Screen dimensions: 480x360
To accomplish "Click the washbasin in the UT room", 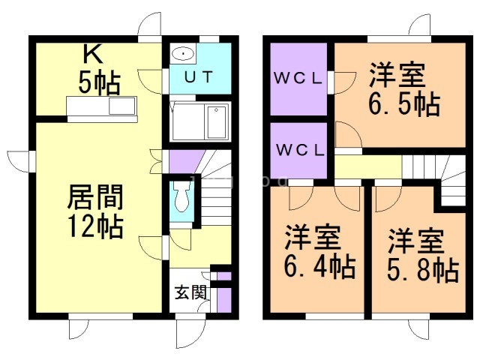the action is click(x=183, y=54).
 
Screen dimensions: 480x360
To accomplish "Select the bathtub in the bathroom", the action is click(x=217, y=122).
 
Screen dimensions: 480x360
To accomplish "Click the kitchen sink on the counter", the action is click(x=122, y=106).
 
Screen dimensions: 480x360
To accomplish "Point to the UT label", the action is click(x=198, y=77).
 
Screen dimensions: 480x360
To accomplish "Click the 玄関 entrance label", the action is click(x=190, y=292).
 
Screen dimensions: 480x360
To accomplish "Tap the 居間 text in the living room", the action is click(x=95, y=197).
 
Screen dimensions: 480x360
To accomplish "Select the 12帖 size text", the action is click(x=96, y=226).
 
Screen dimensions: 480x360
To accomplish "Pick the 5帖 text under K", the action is click(x=99, y=83).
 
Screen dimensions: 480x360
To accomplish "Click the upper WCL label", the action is click(x=298, y=79).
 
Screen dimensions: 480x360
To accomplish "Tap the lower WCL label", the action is click(x=300, y=150).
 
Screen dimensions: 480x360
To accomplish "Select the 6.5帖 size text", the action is click(x=404, y=104).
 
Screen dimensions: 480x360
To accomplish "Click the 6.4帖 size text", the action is click(x=320, y=266).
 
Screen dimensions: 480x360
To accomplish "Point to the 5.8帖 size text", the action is click(x=423, y=270).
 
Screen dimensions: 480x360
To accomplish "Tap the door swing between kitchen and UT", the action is click(x=151, y=82).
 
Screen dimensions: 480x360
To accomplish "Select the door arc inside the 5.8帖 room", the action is click(x=388, y=199).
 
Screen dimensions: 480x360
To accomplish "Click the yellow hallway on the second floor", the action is click(x=368, y=166).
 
